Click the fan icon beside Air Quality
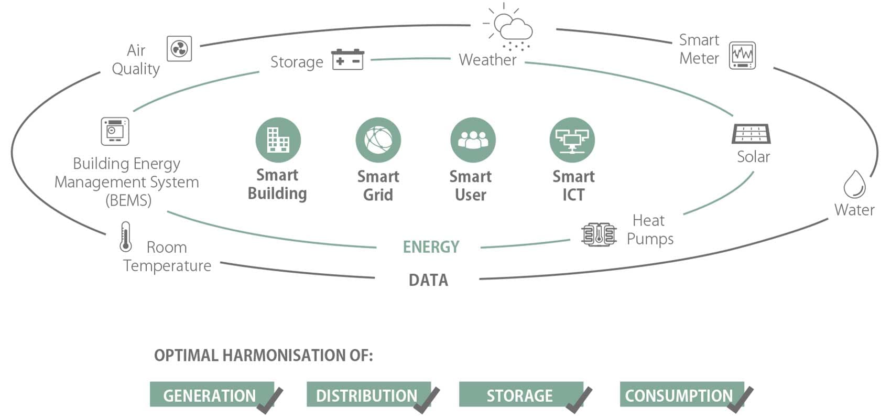tap(179, 49)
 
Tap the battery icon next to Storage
tap(347, 59)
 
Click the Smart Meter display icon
tap(742, 55)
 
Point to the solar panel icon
tap(751, 134)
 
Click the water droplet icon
tap(854, 184)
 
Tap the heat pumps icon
tap(599, 234)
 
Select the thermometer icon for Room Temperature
tap(125, 237)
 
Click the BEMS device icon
tap(115, 131)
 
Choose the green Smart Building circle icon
tap(278, 140)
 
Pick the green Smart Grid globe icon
tap(378, 140)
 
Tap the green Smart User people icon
tap(472, 140)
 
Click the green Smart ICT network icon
tap(572, 140)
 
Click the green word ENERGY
tap(431, 247)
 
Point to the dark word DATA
tap(428, 280)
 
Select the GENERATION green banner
tap(210, 395)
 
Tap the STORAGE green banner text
tap(519, 395)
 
